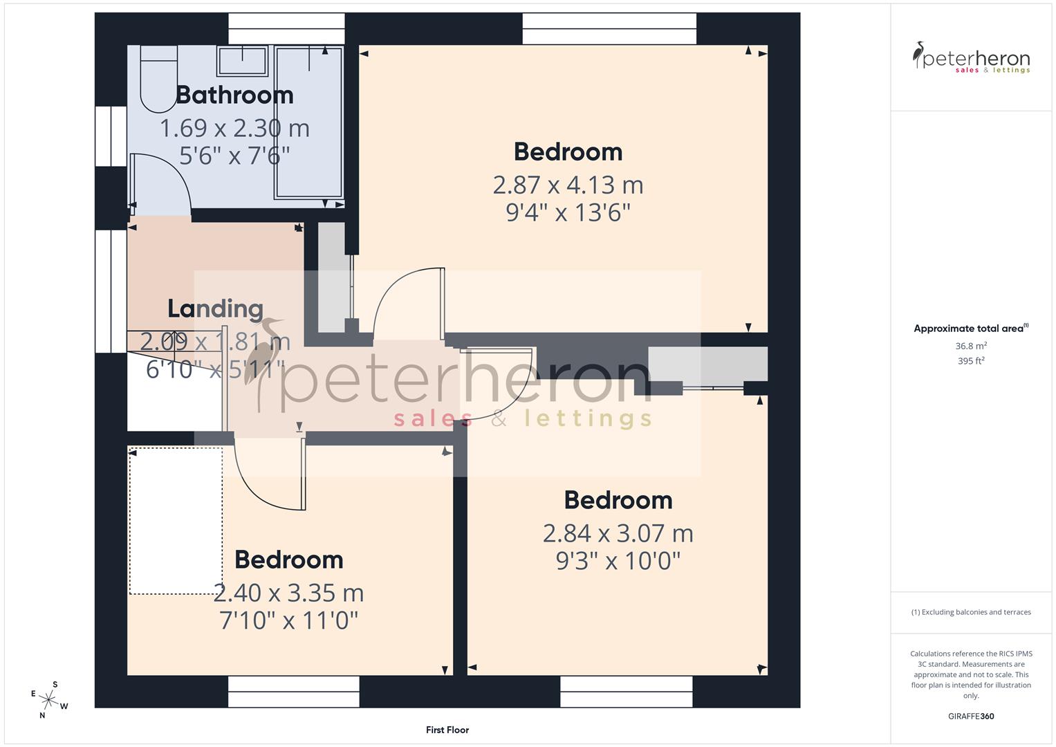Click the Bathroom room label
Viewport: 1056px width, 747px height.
[234, 95]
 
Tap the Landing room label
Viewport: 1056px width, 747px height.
[215, 308]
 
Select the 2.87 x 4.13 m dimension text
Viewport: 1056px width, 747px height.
[568, 185]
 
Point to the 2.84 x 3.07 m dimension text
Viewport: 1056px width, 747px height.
[618, 533]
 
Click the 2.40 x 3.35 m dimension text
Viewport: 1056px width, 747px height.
[288, 593]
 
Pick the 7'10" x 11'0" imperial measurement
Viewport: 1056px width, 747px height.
[288, 620]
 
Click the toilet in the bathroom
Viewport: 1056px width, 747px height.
[158, 77]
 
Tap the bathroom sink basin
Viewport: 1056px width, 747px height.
[242, 60]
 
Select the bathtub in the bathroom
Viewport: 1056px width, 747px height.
[308, 122]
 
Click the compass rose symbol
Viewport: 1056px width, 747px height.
[49, 699]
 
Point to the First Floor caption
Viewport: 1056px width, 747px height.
[447, 730]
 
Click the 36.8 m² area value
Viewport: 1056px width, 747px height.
[971, 346]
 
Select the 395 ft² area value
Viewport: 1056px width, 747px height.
[971, 361]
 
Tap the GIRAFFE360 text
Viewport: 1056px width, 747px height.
[971, 716]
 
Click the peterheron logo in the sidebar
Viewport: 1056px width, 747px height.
[971, 58]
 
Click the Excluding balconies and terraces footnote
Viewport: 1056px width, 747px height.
[971, 612]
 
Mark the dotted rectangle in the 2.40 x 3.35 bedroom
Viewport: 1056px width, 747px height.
[176, 521]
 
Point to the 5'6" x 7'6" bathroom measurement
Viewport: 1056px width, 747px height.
[234, 156]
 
